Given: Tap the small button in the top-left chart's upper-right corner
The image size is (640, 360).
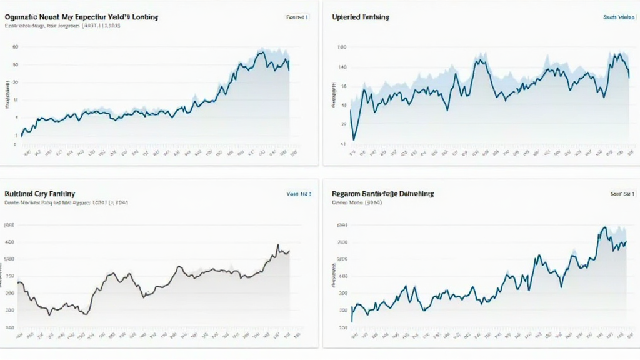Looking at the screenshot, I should point(297,17).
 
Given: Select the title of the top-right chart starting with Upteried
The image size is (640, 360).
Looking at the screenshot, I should point(361,17).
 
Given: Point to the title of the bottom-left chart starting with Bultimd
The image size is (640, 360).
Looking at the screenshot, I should point(39,194).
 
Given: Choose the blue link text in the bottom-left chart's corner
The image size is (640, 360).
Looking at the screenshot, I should point(297,194).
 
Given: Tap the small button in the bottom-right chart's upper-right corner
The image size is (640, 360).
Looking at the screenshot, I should point(622,194).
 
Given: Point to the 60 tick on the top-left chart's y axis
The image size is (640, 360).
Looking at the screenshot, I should point(16,47).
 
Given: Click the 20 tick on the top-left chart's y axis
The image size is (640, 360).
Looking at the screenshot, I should point(16,82).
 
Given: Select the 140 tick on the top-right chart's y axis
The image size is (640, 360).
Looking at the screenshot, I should point(342,66).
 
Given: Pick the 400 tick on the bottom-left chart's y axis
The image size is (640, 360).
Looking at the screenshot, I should point(10,242).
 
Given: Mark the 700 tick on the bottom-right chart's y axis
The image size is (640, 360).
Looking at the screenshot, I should point(342,242).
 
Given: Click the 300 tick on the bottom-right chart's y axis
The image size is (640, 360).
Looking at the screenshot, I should point(342,293).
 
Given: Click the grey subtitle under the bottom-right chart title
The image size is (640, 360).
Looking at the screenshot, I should point(357,203).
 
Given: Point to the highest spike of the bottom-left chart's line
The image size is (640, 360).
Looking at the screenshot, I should point(277,245).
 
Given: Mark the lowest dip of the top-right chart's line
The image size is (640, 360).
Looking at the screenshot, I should point(354,139).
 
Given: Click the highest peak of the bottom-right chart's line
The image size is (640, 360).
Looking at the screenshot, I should point(604,227).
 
